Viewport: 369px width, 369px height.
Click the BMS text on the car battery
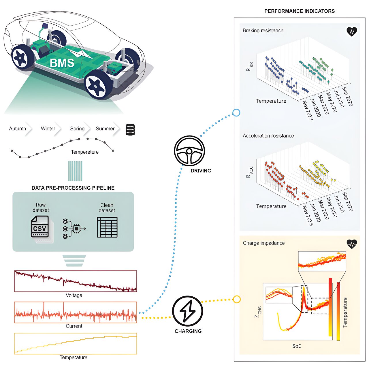[62, 63]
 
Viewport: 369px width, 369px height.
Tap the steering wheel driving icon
[189, 151]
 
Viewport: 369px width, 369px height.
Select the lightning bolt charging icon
[188, 311]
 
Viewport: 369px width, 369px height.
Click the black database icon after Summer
[130, 130]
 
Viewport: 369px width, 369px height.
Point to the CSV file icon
[40, 227]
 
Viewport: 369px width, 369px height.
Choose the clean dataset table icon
[107, 227]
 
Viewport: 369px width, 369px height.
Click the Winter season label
[48, 129]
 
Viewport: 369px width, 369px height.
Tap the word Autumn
[18, 129]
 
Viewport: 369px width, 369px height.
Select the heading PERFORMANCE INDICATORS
[300, 11]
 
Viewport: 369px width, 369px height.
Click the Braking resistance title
[263, 31]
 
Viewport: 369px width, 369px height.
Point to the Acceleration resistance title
[268, 136]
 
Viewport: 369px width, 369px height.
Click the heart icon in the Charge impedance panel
[352, 244]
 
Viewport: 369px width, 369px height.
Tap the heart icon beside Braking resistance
[352, 32]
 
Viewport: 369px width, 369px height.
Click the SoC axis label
[297, 346]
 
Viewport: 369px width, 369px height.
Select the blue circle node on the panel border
[236, 113]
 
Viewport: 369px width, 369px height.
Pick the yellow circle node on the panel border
[237, 300]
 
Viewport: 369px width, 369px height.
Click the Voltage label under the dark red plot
[74, 295]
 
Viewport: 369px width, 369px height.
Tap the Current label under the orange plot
[74, 326]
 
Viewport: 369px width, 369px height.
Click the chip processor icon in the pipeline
[76, 229]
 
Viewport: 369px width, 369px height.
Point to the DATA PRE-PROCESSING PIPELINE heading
[73, 188]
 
